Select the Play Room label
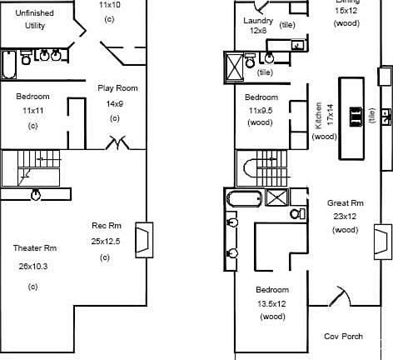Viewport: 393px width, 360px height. click(x=117, y=87)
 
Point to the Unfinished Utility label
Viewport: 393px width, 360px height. click(x=36, y=20)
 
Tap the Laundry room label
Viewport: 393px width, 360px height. click(x=258, y=21)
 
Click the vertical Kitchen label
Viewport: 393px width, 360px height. click(x=319, y=116)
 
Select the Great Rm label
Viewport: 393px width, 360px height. click(x=345, y=203)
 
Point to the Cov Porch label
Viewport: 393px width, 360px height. click(x=343, y=337)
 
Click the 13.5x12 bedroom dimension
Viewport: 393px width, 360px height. click(x=272, y=304)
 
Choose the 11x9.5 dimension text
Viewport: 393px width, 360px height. click(x=261, y=110)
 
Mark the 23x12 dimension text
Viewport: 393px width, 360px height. click(x=345, y=217)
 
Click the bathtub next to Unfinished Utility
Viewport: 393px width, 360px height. click(x=8, y=62)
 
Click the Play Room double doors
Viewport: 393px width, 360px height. click(x=117, y=143)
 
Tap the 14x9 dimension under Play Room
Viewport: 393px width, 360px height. click(x=115, y=104)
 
